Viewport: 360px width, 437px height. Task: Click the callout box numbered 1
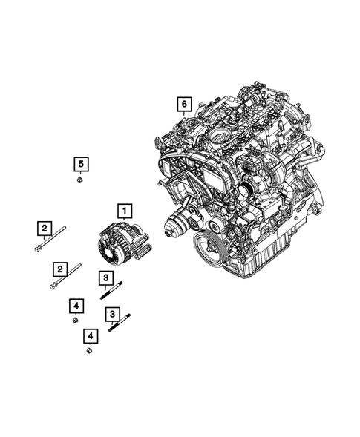pyautogui.click(x=125, y=210)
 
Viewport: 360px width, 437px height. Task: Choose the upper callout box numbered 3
pyautogui.click(x=106, y=278)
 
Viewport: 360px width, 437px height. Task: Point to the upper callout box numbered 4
pyautogui.click(x=76, y=305)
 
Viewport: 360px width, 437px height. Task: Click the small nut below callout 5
pyautogui.click(x=79, y=180)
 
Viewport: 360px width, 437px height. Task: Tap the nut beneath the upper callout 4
pyautogui.click(x=76, y=321)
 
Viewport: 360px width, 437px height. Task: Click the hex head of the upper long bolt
pyautogui.click(x=37, y=249)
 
